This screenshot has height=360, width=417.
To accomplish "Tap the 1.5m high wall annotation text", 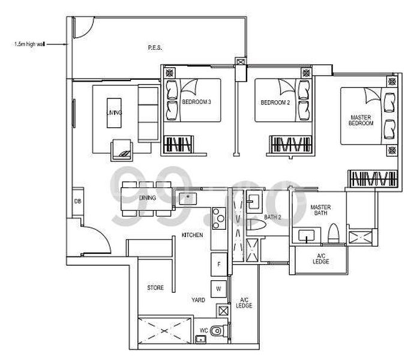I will tap(28, 44).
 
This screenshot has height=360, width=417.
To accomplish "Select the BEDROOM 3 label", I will tap(196, 103).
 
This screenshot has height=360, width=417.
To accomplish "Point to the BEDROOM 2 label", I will tap(275, 103).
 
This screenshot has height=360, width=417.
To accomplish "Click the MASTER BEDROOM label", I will tap(362, 118).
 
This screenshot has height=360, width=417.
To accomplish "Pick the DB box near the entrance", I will tap(77, 201).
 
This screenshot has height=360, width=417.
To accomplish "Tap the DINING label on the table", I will tap(146, 197).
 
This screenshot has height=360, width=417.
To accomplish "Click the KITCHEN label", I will tap(193, 235).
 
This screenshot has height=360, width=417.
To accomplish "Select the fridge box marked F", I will tap(219, 263).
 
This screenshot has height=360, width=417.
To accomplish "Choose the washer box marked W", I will tap(219, 289).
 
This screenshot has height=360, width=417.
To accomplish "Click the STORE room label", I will tap(155, 288).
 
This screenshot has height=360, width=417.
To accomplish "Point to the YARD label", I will tap(199, 299).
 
